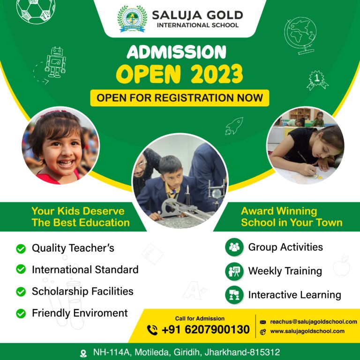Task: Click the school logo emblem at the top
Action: [x=132, y=19]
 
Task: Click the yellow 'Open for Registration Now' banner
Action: [x=180, y=98]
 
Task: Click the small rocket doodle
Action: [x=234, y=126]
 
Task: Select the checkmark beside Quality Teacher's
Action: [x=21, y=248]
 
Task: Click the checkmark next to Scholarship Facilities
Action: [x=21, y=292]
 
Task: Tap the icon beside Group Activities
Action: [x=234, y=247]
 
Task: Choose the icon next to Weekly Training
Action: [x=234, y=271]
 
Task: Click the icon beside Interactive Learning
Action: [x=234, y=295]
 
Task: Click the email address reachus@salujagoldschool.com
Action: [x=314, y=322]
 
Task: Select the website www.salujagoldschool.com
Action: [x=307, y=331]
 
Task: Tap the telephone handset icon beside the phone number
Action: [x=152, y=330]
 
